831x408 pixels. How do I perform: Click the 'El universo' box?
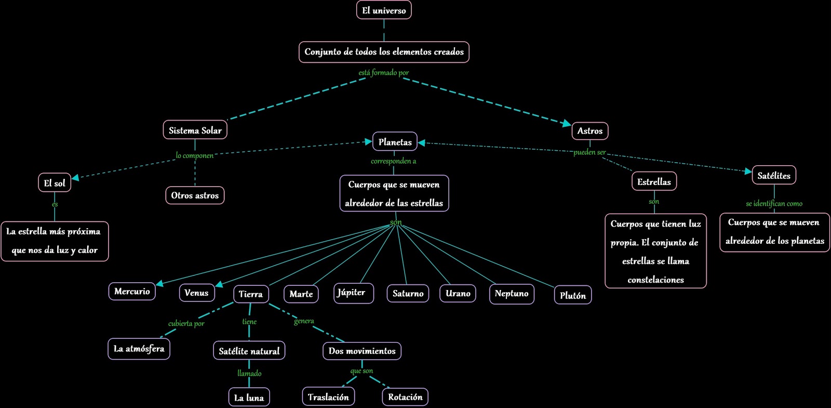384,10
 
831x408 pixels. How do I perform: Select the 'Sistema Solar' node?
195,130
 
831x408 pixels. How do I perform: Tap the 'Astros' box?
589,130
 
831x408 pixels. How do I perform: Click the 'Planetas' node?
395,141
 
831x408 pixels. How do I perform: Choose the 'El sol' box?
55,182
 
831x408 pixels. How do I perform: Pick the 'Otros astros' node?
195,195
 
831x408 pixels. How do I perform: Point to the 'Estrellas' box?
654,181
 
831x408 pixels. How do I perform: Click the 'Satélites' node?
773,175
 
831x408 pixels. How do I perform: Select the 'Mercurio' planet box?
132,291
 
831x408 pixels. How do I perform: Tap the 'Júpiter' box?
353,293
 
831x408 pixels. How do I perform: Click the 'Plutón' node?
572,295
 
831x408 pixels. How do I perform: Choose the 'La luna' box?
249,397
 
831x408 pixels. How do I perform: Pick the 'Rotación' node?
405,397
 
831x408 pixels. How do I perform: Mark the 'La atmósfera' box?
139,348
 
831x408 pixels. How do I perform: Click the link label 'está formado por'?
383,73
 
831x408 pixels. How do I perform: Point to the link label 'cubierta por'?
186,323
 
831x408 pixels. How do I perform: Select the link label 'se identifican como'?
774,203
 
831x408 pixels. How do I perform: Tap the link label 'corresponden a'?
393,161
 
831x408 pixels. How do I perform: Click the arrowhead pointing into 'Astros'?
567,124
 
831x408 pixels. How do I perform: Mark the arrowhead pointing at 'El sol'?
76,178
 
